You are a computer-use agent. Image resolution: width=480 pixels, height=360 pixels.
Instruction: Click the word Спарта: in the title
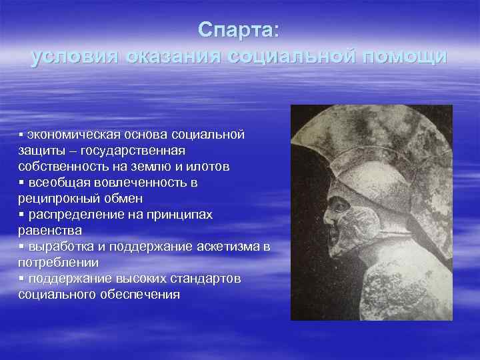tap(239, 30)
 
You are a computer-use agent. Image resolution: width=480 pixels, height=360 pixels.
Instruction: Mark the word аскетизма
tap(229, 247)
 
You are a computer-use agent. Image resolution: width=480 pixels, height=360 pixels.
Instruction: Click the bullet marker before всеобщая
tap(21, 183)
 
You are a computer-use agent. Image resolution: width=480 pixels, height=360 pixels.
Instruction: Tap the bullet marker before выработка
tap(21, 247)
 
